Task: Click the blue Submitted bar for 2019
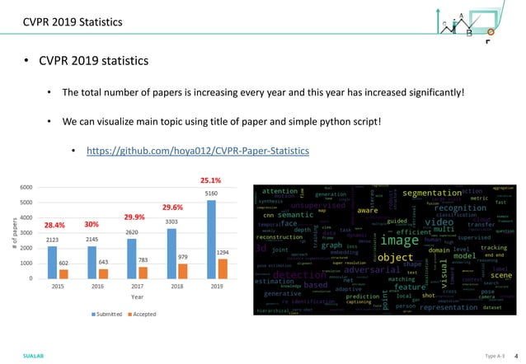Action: tap(212, 239)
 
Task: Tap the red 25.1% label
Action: tap(211, 180)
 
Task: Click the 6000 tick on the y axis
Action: tap(27, 188)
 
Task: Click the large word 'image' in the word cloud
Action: tap(400, 240)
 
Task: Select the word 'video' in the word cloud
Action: tap(439, 222)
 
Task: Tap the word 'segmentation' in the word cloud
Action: tap(432, 193)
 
